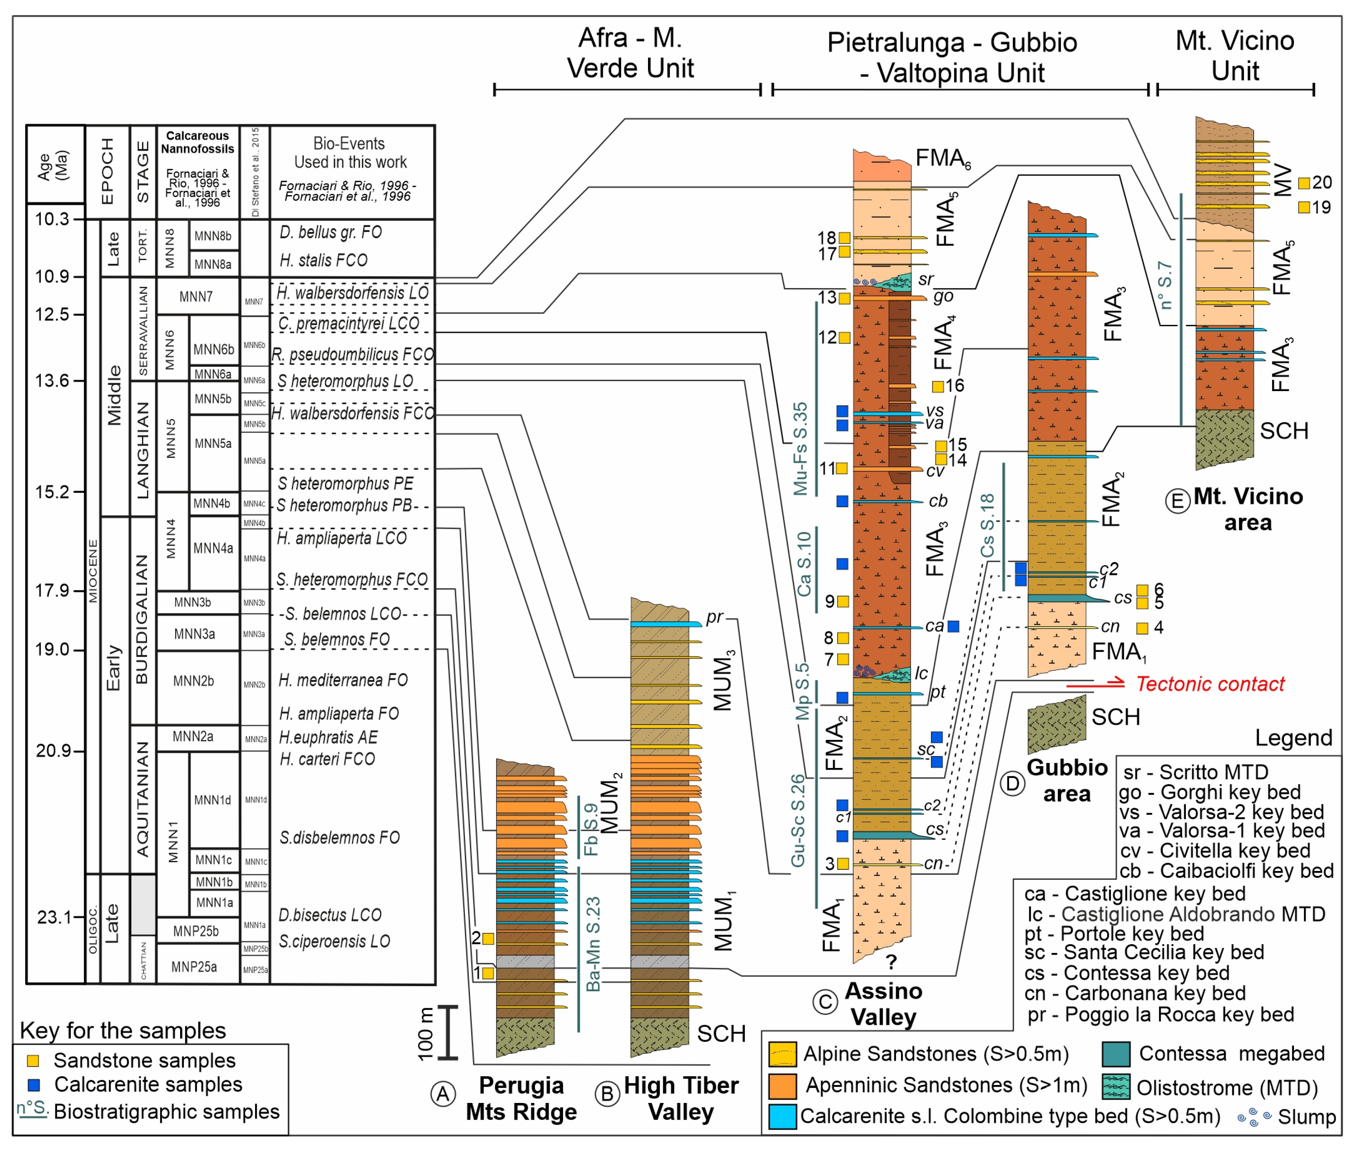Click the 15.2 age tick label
tap(52, 492)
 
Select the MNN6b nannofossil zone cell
tap(214, 349)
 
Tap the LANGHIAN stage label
tap(142, 449)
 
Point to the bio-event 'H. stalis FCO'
tap(324, 260)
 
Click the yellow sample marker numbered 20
tap(1304, 183)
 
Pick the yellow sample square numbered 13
tap(844, 298)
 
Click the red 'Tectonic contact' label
tap(1210, 684)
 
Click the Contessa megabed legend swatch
tap(1115, 1053)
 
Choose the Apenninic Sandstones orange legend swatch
tap(782, 1085)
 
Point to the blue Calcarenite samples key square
tap(33, 1085)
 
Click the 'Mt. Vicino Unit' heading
tap(1234, 55)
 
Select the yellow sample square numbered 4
tap(1142, 628)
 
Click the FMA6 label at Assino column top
tap(942, 158)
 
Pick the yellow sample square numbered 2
tap(488, 939)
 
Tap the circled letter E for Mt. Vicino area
tap(1177, 502)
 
